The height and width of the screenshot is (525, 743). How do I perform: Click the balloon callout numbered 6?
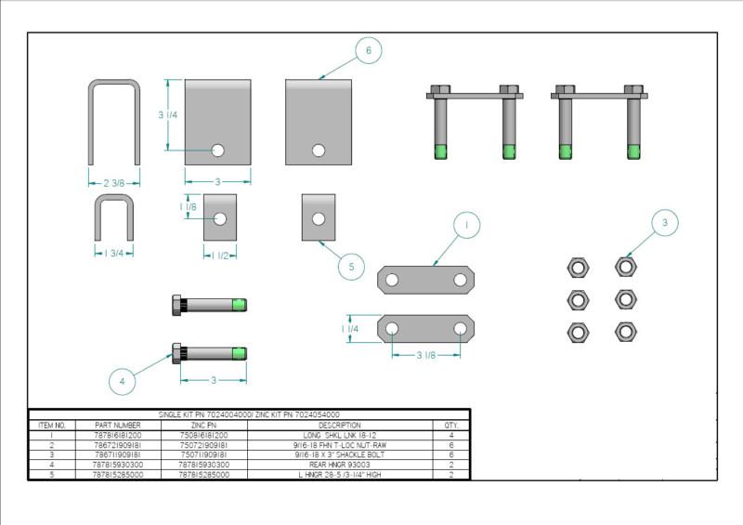tap(368, 51)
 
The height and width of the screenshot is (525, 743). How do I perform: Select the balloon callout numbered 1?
tap(467, 224)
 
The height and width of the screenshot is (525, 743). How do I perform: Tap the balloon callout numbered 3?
tap(664, 223)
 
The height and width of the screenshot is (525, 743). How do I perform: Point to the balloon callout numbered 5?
tap(350, 267)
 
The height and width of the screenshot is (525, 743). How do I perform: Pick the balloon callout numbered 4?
tap(122, 379)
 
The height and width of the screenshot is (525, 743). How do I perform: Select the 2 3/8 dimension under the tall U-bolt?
tap(114, 184)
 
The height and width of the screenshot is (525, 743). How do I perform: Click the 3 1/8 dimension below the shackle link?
tap(426, 355)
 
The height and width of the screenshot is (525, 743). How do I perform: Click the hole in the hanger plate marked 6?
tap(319, 150)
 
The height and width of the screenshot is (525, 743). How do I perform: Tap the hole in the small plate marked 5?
tap(318, 219)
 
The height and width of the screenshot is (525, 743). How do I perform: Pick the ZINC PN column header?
tap(202, 425)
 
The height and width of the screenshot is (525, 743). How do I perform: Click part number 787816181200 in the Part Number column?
tap(117, 435)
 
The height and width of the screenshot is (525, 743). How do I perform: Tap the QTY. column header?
tap(451, 425)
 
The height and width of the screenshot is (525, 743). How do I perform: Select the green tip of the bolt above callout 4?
tap(239, 353)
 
